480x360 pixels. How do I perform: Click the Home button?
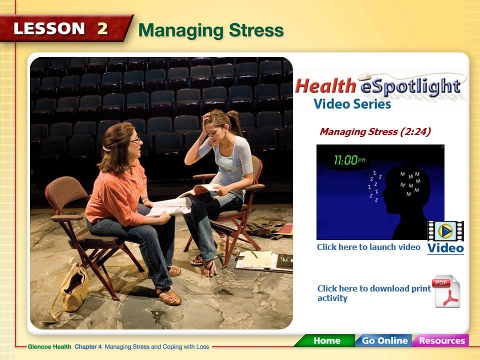(327, 341)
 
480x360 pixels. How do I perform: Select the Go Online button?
(384, 341)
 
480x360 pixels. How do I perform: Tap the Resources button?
(441, 341)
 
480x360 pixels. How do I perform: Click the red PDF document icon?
(446, 291)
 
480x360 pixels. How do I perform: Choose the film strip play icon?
(445, 231)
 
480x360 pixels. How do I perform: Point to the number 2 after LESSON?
(102, 28)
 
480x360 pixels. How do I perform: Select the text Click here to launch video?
(368, 247)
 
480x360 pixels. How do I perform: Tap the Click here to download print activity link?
(373, 293)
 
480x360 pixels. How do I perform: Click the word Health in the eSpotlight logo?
(325, 86)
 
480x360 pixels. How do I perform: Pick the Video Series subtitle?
(352, 104)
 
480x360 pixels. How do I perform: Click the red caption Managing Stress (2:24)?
(375, 132)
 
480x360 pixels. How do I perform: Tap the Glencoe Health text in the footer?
(50, 346)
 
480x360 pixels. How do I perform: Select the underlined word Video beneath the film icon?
(445, 248)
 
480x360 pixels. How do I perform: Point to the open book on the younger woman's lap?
(202, 190)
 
